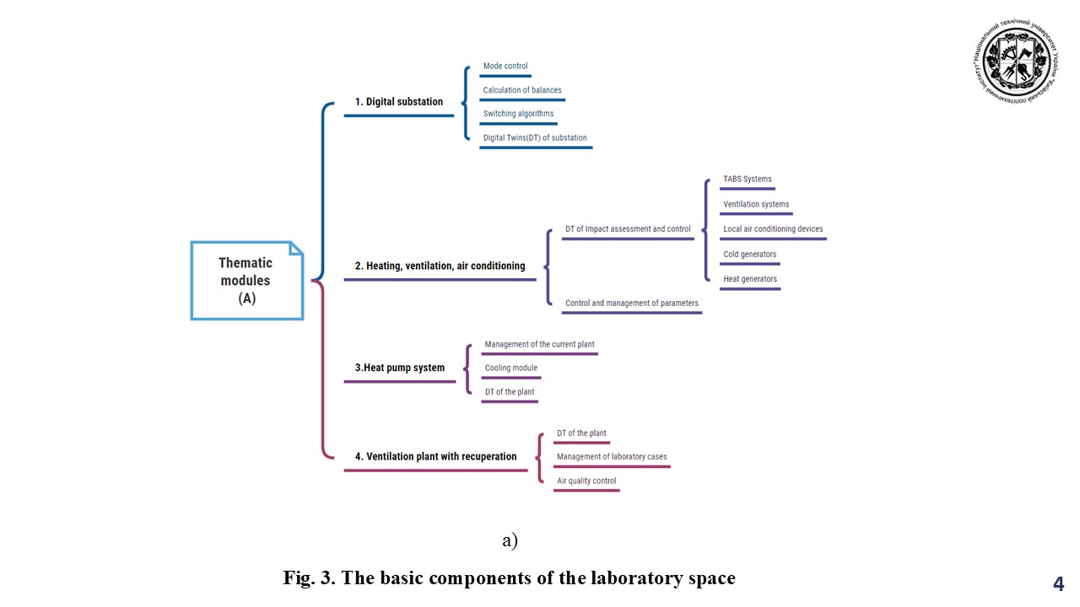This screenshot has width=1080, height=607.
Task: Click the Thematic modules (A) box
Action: tap(246, 281)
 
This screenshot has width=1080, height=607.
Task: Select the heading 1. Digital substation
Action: tap(398, 102)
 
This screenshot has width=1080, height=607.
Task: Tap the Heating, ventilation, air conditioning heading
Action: tap(440, 266)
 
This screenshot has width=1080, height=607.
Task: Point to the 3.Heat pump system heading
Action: tap(399, 368)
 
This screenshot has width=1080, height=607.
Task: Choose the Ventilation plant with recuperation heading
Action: tap(435, 457)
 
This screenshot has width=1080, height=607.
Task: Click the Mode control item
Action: tap(505, 67)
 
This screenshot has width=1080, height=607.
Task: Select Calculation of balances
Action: tap(522, 90)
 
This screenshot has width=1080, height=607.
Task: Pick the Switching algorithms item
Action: tap(518, 114)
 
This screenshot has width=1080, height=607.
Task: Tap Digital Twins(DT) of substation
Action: tap(535, 138)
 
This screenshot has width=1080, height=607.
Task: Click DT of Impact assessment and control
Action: tap(628, 229)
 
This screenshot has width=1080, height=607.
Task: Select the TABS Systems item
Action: tap(748, 180)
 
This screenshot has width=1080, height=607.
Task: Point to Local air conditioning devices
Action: tap(773, 229)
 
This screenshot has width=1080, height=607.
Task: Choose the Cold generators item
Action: tap(750, 255)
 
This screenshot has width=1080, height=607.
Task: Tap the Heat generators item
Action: tap(750, 279)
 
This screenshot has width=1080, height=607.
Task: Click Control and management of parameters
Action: tap(632, 303)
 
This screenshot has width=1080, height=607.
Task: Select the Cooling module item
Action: tap(511, 368)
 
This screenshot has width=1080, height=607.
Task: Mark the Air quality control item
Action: tap(586, 481)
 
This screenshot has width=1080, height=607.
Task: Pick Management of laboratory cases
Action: tap(612, 457)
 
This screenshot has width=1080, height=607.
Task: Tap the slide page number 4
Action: tap(1058, 584)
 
